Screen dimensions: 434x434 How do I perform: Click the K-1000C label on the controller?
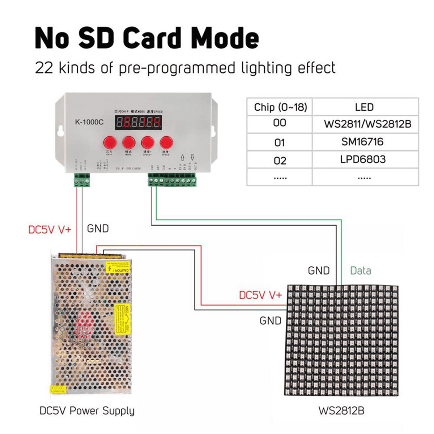coord(89,122)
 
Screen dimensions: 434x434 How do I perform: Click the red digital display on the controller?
coord(138,123)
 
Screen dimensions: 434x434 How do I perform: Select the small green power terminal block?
coord(82,180)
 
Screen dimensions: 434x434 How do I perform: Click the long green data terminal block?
coord(172,180)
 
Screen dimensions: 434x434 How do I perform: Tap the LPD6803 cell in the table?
coord(363,159)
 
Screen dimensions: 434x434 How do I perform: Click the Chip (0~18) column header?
coord(280,107)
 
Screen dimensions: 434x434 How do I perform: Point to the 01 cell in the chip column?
coord(279,142)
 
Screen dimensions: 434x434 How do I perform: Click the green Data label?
coord(360,271)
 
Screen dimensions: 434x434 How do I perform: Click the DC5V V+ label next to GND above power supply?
coord(50,230)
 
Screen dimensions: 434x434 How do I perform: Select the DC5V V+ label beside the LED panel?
coord(260,295)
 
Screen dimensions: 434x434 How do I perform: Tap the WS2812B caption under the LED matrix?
coord(341,411)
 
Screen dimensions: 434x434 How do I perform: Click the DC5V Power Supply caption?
coord(87,411)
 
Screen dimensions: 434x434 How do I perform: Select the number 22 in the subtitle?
coord(44,68)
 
